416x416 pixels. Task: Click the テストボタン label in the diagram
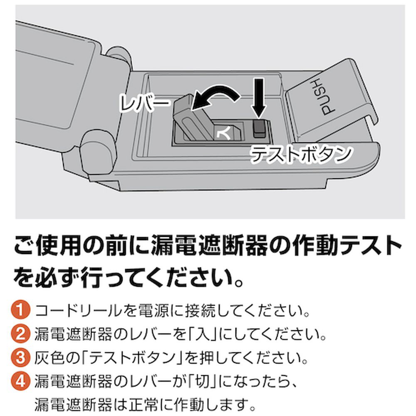[300, 154]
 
